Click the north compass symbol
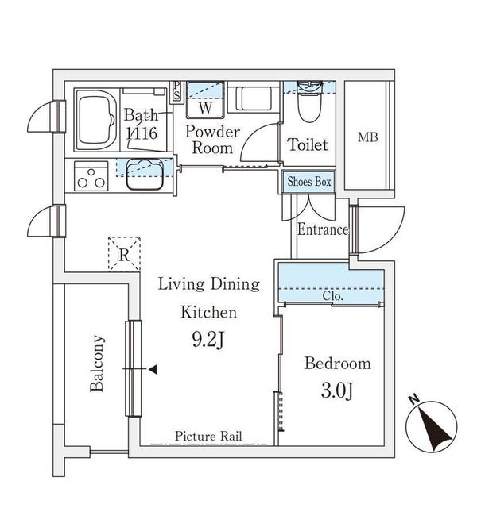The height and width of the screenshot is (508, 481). pos(432,425)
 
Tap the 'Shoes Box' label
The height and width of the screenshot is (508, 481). pos(309,182)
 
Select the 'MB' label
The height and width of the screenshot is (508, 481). pos(367,137)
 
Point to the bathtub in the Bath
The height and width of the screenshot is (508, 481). pos(97,121)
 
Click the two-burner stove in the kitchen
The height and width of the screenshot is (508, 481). pos(91,175)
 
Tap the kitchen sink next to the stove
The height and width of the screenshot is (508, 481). pos(144,174)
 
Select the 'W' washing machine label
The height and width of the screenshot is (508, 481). pos(205,106)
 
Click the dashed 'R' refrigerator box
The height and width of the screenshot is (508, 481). pos(125,255)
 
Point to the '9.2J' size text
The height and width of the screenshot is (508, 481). pos(208,341)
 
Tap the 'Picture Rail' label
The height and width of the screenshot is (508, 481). pos(208,437)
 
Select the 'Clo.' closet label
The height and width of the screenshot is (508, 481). pos(332,297)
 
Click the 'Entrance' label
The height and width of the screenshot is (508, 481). pos(323,230)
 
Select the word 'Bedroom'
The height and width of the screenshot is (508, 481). pos(338,364)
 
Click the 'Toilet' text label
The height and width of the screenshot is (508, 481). pos(308,145)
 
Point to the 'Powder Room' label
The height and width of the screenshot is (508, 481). pos(213,140)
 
